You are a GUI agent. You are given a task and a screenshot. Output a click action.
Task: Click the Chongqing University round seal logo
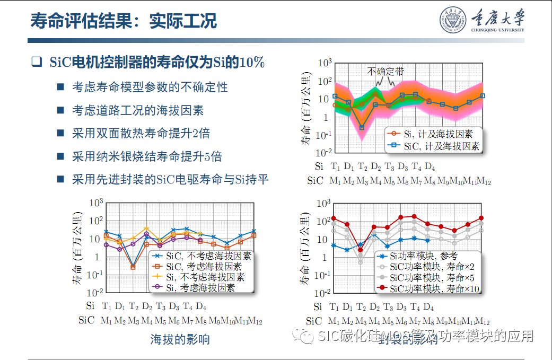coord(451,21)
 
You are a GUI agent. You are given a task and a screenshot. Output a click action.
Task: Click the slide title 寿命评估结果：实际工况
coord(124,21)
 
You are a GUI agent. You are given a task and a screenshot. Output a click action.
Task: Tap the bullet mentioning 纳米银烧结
coord(147,156)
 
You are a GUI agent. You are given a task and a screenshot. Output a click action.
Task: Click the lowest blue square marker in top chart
coord(362,127)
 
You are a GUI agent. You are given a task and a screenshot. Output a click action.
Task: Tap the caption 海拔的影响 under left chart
coord(180,339)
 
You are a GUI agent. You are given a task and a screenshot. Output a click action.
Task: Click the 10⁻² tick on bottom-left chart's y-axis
coord(95,293)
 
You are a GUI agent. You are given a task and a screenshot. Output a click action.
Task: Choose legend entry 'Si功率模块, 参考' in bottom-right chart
coord(424,256)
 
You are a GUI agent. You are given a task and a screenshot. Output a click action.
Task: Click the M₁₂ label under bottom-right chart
coord(483,321)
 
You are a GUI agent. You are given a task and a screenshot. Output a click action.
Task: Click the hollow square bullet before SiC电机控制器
coord(36,62)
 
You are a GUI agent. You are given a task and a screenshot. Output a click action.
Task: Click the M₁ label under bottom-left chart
coord(107,321)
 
